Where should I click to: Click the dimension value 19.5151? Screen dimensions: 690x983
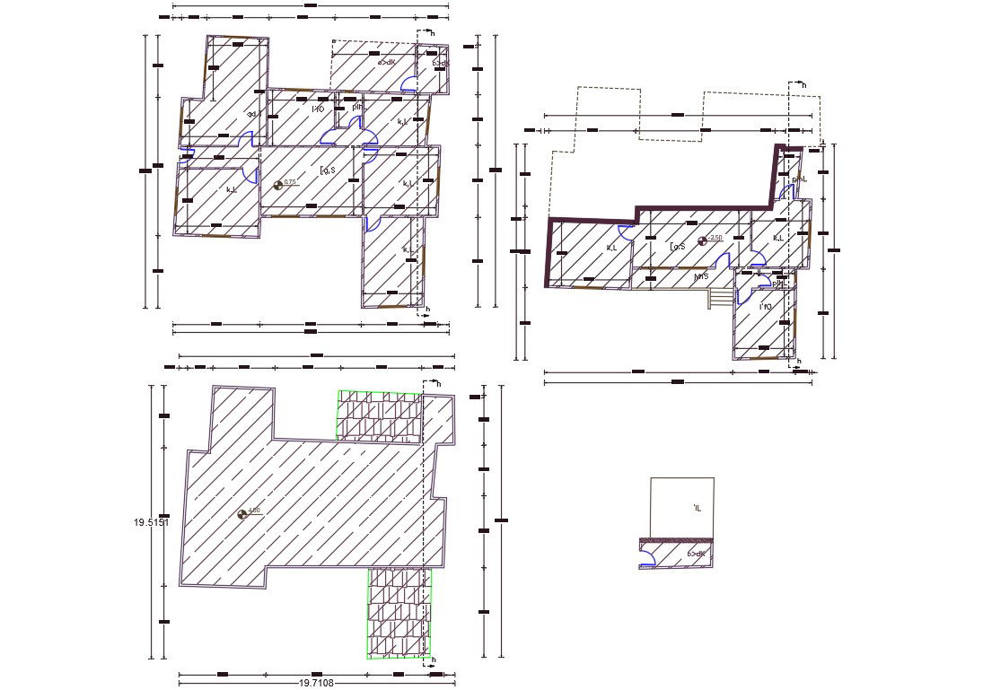pyautogui.click(x=151, y=522)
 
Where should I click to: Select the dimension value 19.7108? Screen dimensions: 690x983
pyautogui.click(x=316, y=683)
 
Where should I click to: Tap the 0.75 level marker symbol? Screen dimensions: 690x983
pyautogui.click(x=278, y=185)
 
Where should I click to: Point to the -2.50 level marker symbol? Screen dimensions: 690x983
pyautogui.click(x=702, y=240)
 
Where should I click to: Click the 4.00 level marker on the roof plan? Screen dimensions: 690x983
pyautogui.click(x=241, y=514)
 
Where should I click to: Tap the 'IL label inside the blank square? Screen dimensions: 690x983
pyautogui.click(x=697, y=509)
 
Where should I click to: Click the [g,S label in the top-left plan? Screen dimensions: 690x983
pyautogui.click(x=327, y=170)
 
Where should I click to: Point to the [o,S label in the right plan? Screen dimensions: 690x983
pyautogui.click(x=677, y=246)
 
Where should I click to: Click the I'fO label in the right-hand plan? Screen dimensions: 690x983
pyautogui.click(x=766, y=308)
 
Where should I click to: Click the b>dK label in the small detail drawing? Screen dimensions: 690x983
pyautogui.click(x=696, y=555)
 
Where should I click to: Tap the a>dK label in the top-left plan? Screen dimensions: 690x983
pyautogui.click(x=386, y=63)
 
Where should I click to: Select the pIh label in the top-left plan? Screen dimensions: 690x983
pyautogui.click(x=357, y=108)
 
